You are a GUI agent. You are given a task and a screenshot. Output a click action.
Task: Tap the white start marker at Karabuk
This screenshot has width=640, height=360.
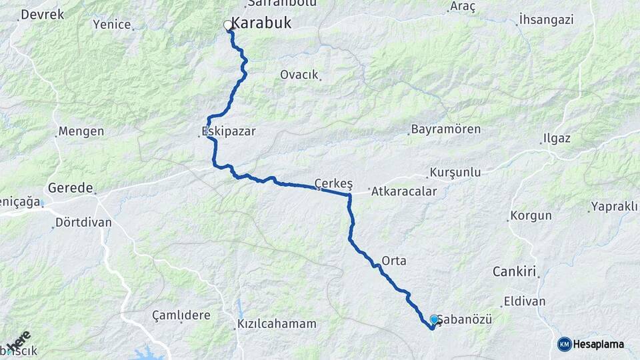228,25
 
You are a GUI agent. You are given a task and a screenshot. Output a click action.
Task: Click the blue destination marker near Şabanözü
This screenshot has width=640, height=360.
435,320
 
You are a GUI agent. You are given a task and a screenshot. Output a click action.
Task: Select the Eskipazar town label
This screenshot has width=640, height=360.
228,131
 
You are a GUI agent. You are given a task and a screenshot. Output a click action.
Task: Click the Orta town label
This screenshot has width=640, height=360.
394,260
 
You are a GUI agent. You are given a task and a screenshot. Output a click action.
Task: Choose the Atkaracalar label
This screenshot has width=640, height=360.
403,191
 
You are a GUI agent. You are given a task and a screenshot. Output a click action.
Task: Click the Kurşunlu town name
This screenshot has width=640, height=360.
455,173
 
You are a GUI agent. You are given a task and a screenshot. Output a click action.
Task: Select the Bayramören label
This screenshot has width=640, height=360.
445,129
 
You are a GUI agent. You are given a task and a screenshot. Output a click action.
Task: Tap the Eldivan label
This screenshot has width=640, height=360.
525,301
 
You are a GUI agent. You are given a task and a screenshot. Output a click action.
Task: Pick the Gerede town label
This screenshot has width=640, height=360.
71,188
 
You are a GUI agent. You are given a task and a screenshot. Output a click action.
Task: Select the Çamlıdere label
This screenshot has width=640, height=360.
181,315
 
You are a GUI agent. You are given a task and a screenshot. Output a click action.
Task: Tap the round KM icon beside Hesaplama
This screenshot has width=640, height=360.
564,344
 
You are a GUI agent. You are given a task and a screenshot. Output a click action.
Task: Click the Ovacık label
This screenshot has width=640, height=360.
299,75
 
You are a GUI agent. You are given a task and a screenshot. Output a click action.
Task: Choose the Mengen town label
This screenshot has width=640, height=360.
81,131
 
